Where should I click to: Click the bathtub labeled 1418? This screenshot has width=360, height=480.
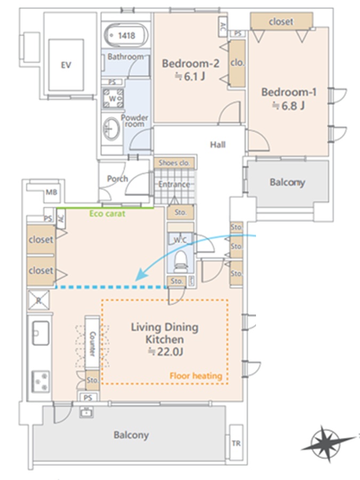[126, 36]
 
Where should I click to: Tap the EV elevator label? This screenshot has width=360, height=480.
[66, 65]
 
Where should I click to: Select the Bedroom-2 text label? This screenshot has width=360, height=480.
[190, 63]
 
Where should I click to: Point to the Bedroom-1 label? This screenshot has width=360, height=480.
[289, 92]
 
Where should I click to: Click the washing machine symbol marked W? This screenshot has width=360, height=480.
[113, 98]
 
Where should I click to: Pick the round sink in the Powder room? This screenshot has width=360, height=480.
[111, 129]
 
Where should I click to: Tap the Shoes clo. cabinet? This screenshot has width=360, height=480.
[174, 163]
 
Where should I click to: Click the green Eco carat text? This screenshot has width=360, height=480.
[107, 213]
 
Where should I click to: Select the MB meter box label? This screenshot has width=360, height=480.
[51, 192]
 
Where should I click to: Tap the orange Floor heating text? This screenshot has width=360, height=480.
[196, 375]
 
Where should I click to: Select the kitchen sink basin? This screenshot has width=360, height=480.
[41, 333]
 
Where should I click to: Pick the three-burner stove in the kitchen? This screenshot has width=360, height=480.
[41, 381]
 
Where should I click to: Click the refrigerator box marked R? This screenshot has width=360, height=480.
[38, 300]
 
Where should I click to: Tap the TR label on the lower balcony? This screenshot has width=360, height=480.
[236, 443]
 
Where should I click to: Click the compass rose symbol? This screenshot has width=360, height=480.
[325, 443]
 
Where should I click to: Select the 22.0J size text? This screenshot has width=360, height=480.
[166, 352]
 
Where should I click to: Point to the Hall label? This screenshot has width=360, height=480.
[218, 145]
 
